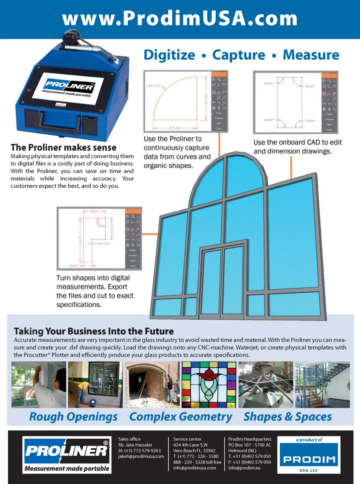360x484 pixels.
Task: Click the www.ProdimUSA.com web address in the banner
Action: (180, 19)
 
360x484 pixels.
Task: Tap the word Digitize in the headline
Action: (169, 55)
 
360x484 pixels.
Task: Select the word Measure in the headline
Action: (311, 55)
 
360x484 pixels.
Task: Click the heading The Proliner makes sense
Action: (63, 147)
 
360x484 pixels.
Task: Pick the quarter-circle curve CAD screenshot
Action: (186, 101)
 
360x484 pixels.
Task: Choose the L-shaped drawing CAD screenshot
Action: (99, 238)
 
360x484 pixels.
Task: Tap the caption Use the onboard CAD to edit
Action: (297, 143)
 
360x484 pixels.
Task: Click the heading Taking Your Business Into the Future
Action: (94, 331)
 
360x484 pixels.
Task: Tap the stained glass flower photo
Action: (209, 385)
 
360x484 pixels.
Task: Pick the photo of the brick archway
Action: (152, 385)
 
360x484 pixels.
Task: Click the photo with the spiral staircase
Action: (322, 385)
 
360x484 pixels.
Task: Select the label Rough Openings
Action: (73, 417)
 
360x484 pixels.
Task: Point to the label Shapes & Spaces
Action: (288, 417)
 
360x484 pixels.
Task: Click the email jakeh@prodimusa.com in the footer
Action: (141, 457)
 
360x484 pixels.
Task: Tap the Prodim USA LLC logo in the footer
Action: (309, 455)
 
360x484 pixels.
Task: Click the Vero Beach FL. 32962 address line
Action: (194, 451)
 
